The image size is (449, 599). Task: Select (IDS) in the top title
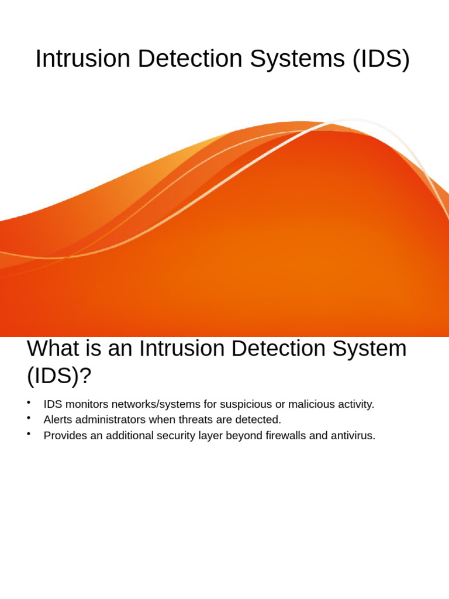pyautogui.click(x=381, y=59)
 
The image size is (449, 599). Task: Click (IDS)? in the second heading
pyautogui.click(x=59, y=376)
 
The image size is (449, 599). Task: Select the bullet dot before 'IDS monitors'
pyautogui.click(x=28, y=403)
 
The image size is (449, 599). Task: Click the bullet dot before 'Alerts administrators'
pyautogui.click(x=28, y=418)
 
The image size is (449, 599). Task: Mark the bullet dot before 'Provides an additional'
pyautogui.click(x=28, y=434)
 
